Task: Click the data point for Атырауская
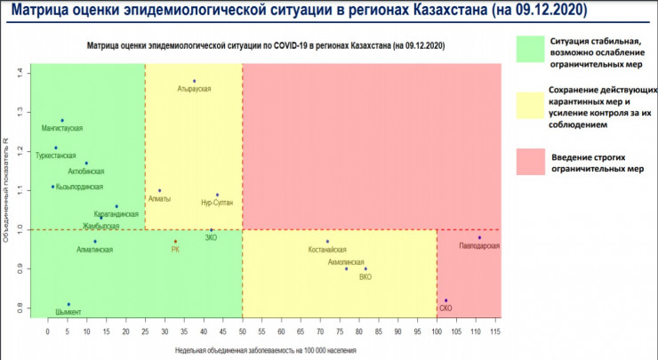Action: [x=194, y=81]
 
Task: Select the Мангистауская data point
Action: [x=62, y=120]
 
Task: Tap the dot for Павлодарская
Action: [x=479, y=237]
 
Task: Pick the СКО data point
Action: [x=446, y=300]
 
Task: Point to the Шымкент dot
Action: [x=68, y=304]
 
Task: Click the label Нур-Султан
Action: [x=217, y=204]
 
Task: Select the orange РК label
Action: [x=175, y=250]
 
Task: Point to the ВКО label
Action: [x=365, y=276]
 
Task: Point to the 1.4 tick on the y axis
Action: [x=31, y=71]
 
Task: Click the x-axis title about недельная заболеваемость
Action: [x=276, y=350]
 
